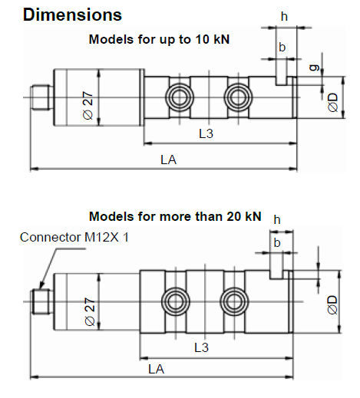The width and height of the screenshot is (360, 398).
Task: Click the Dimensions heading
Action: click(x=72, y=15)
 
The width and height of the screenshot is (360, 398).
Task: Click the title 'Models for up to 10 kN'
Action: click(x=159, y=39)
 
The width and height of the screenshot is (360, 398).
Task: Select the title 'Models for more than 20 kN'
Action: click(x=175, y=216)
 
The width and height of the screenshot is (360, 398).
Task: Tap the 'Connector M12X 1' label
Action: click(x=74, y=237)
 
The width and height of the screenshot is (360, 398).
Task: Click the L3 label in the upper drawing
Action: click(x=206, y=133)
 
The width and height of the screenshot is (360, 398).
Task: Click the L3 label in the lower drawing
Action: click(x=201, y=347)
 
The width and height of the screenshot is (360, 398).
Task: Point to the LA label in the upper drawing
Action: click(x=169, y=160)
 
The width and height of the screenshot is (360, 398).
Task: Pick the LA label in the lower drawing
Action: click(x=156, y=369)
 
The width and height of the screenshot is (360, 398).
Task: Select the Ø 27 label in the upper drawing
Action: click(x=88, y=105)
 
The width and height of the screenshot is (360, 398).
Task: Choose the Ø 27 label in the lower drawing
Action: click(x=90, y=311)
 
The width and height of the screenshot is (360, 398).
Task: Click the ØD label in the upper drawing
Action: click(x=333, y=102)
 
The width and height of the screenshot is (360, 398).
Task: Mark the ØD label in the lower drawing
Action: click(x=332, y=304)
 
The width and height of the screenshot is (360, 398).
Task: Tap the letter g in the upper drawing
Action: click(x=315, y=67)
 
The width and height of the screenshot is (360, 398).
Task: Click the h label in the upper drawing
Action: click(x=284, y=17)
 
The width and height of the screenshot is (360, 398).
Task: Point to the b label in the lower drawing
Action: click(x=277, y=242)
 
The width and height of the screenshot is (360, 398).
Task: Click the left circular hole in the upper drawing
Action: click(x=180, y=97)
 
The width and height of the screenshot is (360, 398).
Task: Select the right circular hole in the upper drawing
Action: click(x=238, y=97)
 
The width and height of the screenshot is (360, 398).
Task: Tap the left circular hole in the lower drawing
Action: click(x=176, y=301)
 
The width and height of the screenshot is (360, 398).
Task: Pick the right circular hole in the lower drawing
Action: click(x=234, y=301)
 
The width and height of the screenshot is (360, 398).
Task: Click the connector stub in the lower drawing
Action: click(x=41, y=301)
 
